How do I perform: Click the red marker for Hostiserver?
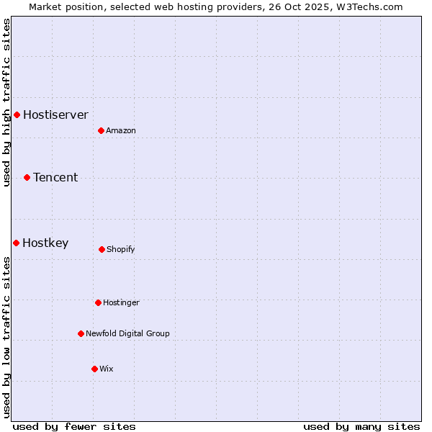point(17,114)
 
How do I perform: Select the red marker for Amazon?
point(101,130)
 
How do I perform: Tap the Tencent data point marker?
point(27,177)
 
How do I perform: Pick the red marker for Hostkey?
point(16,243)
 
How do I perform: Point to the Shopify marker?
point(102,249)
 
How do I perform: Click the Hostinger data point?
point(98,302)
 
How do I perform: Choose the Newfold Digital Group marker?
point(81,333)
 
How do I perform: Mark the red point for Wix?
point(94,369)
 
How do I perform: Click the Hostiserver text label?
point(55,114)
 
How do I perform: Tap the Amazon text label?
point(121,130)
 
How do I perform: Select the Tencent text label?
point(55,177)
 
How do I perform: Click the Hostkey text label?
point(45,243)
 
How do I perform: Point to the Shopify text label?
point(121,249)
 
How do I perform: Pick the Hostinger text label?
point(121,302)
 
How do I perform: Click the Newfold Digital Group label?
point(127,333)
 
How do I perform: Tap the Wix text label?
point(107,369)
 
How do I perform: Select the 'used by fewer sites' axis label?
point(74,426)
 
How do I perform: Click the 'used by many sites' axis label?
point(361,426)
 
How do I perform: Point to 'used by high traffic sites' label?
point(6,102)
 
